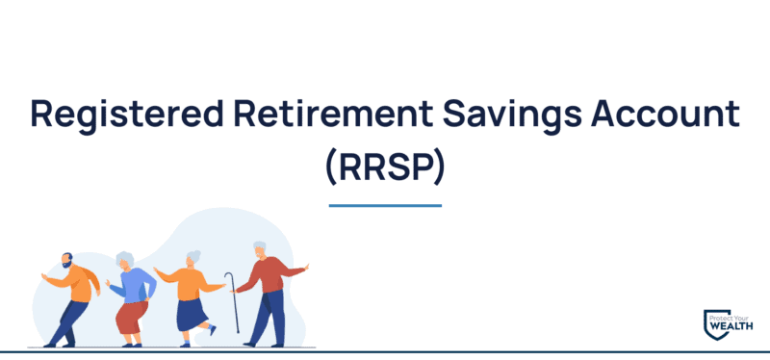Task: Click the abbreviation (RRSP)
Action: point(384,167)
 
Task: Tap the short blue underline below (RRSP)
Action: point(384,205)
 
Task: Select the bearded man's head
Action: point(64,260)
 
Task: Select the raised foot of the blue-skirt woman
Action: point(211,330)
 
